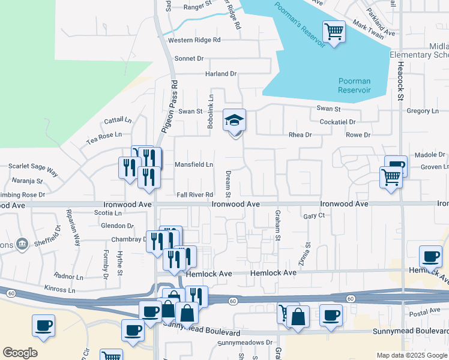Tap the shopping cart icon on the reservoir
334,31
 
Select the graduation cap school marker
235,120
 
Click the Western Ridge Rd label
194,40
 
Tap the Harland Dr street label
221,74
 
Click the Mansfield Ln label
194,164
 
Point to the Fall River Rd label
195,195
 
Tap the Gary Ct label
314,215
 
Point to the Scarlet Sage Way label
33,169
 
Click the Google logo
20,353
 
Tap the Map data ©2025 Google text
411,355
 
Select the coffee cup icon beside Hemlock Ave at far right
430,257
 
